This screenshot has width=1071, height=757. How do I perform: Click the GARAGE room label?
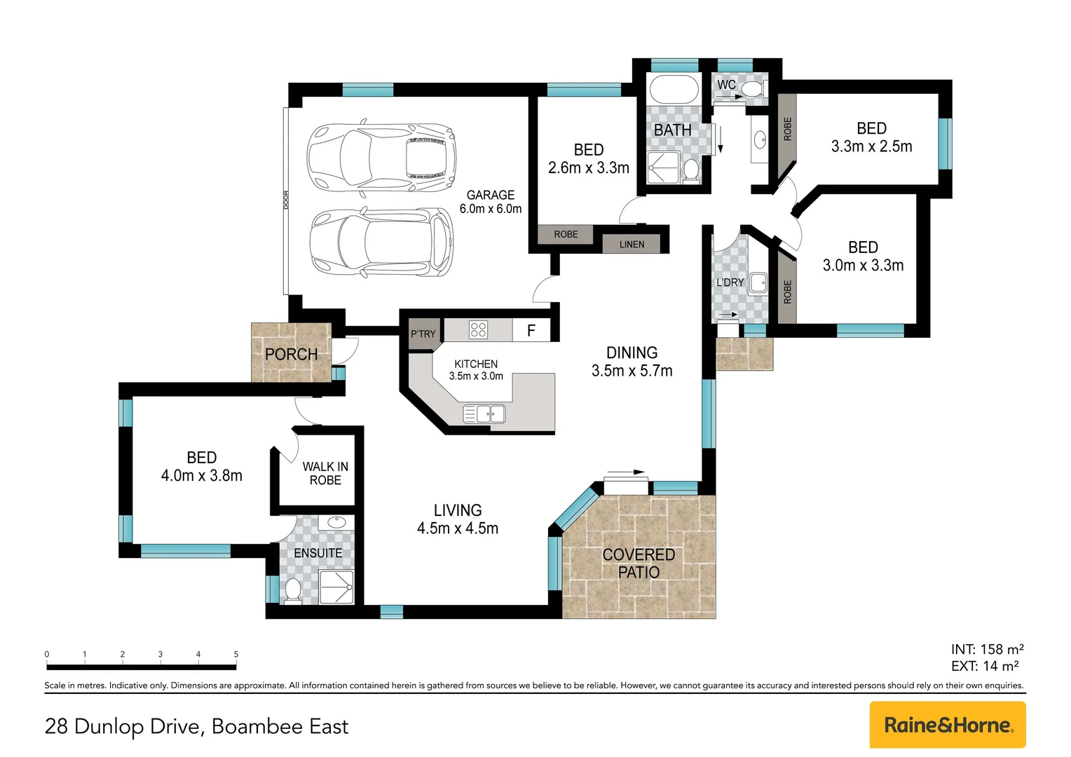(491, 195)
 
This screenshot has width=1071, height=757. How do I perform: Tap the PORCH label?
(291, 355)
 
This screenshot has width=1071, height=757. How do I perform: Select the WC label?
(726, 85)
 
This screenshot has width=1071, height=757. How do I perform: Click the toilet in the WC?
(755, 88)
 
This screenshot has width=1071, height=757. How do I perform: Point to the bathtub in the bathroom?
(674, 89)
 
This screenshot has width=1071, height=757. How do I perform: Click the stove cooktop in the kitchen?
(478, 329)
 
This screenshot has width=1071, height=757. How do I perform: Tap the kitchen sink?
(484, 414)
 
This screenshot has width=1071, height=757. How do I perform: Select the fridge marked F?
(531, 330)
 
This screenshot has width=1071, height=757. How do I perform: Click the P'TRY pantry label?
(423, 334)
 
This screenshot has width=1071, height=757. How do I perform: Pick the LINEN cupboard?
(631, 244)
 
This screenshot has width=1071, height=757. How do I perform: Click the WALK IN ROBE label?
(325, 473)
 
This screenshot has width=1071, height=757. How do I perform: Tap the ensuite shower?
(336, 587)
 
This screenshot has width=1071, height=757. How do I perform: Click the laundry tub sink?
(758, 282)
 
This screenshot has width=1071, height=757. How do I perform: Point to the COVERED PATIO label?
(639, 564)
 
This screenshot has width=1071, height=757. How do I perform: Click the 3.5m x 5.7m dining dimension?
(632, 371)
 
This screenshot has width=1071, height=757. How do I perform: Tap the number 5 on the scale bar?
(236, 654)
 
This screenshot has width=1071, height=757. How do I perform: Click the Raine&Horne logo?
(948, 725)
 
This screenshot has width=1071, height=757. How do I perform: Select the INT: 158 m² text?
(987, 649)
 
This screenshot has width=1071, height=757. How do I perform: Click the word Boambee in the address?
(258, 726)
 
